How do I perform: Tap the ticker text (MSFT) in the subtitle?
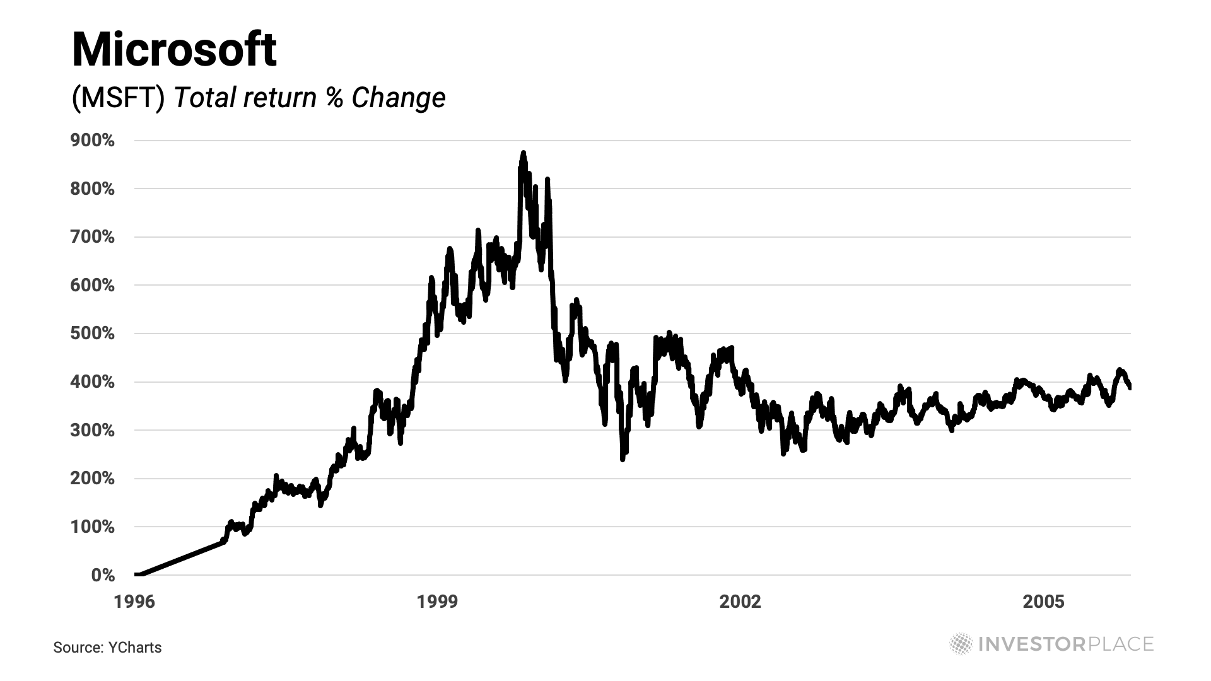click(119, 98)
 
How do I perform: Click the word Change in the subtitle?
click(399, 98)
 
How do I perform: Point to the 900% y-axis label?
click(93, 141)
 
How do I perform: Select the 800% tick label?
click(93, 189)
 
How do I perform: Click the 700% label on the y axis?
click(93, 237)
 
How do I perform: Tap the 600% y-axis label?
click(93, 286)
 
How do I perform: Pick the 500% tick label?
click(93, 334)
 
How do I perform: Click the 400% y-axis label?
click(93, 382)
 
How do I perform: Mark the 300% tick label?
click(93, 431)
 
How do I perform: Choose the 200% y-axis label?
click(93, 479)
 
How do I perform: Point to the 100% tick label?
click(93, 527)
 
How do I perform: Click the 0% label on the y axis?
click(103, 575)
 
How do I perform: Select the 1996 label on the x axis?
click(134, 602)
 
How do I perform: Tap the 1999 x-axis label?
click(437, 602)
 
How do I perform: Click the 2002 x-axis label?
click(740, 602)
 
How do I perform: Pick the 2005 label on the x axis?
click(1043, 602)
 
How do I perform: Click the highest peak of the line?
click(523, 153)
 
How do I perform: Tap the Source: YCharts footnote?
click(107, 648)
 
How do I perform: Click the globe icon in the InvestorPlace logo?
click(961, 644)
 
